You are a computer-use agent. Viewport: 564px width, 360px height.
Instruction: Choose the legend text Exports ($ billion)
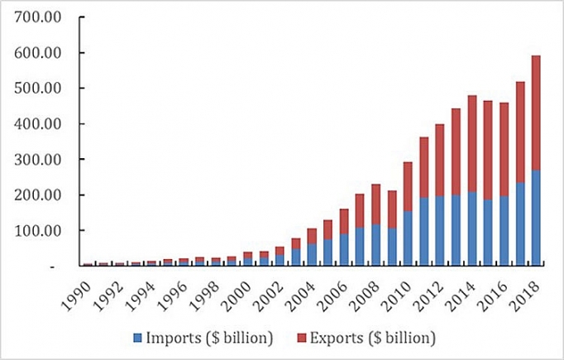[x=369, y=337]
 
